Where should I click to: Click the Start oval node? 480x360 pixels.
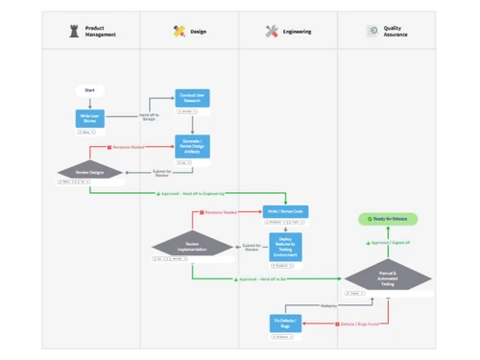click(89, 90)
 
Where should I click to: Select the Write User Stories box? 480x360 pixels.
click(89, 119)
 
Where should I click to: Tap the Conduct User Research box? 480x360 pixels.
click(192, 98)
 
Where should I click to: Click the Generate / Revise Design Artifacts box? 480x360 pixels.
click(192, 146)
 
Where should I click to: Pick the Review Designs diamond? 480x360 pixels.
click(89, 173)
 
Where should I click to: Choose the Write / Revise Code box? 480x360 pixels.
click(285, 211)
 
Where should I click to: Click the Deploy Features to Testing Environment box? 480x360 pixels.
click(285, 247)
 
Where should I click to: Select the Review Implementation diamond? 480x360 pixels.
click(192, 247)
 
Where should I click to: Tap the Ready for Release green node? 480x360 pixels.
click(388, 219)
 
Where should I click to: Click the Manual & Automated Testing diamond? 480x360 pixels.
click(388, 277)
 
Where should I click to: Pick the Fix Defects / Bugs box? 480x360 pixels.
click(285, 324)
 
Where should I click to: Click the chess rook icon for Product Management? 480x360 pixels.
click(74, 32)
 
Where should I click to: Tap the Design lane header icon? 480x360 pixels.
click(179, 32)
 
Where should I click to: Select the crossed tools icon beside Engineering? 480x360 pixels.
click(272, 32)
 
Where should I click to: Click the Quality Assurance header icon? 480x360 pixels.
click(372, 32)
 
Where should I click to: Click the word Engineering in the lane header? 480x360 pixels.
click(297, 32)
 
